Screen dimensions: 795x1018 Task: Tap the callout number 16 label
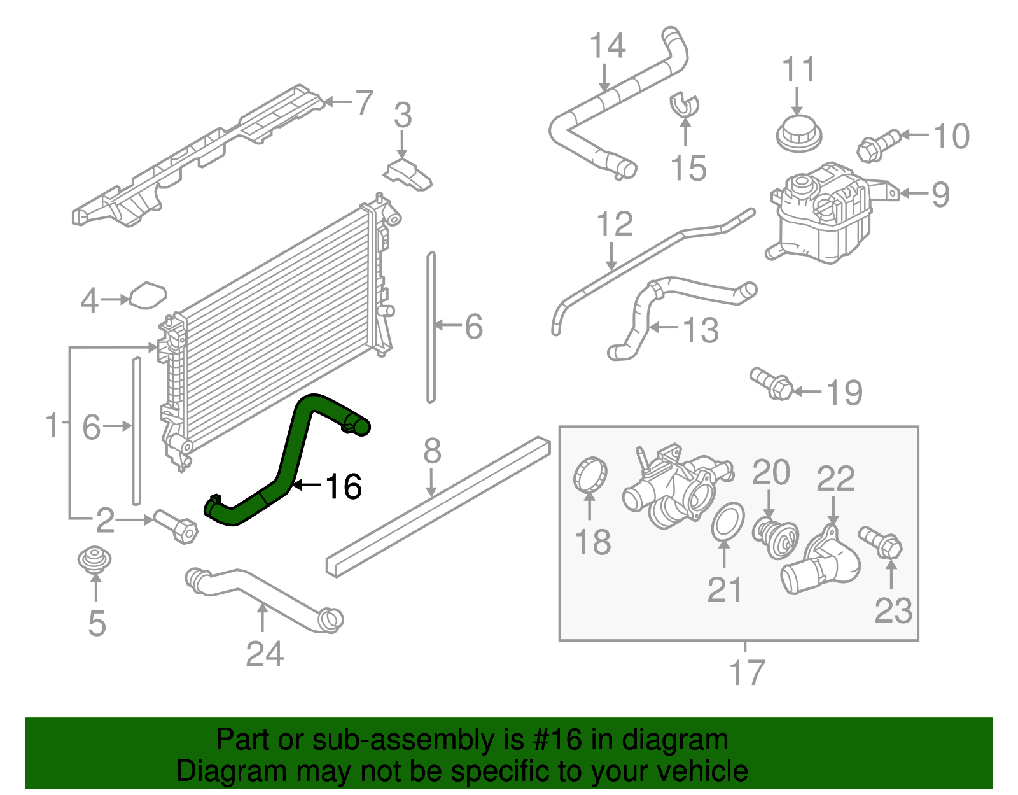click(x=344, y=487)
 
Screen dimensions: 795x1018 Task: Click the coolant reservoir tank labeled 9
click(x=821, y=216)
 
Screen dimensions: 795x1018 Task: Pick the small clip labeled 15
click(x=684, y=104)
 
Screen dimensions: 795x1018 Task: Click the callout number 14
click(x=607, y=46)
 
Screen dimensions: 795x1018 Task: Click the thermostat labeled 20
click(x=774, y=537)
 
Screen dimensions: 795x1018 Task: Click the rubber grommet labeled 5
click(x=95, y=559)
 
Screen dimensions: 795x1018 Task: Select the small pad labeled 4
click(x=148, y=295)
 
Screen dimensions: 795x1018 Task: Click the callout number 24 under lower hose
click(x=265, y=654)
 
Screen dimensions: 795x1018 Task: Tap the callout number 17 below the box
click(x=747, y=673)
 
